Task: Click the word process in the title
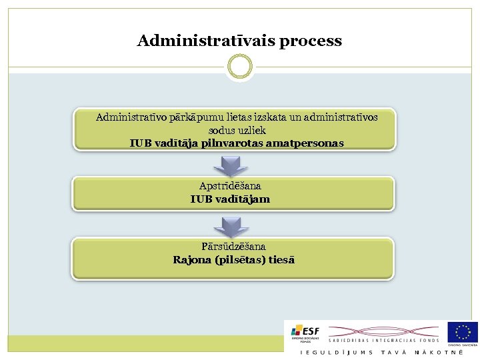tap(311, 41)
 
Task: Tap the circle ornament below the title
tap(240, 66)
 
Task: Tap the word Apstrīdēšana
tap(230, 186)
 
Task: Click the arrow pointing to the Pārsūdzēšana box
tap(231, 227)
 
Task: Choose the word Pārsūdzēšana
tap(233, 247)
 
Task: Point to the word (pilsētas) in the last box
tap(239, 260)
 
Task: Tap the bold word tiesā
tap(282, 260)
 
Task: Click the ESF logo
tap(305, 333)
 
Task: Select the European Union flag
tap(463, 331)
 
